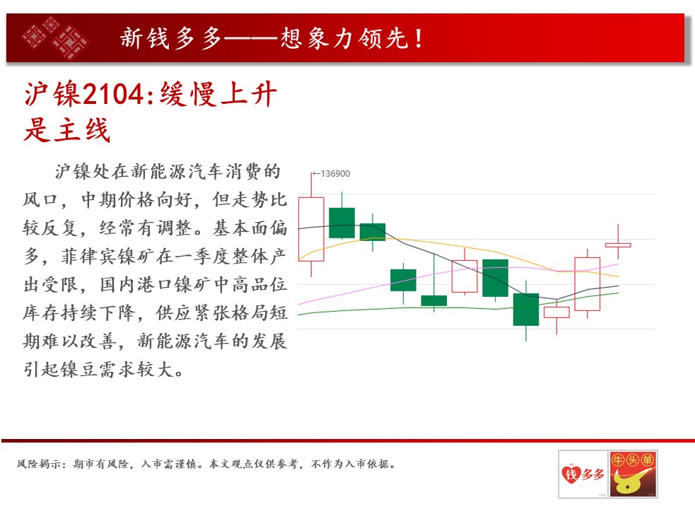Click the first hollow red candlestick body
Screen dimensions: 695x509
click(311, 229)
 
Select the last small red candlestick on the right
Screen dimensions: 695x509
click(618, 245)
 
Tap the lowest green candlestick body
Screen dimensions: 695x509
click(526, 310)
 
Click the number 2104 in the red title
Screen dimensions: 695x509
click(113, 94)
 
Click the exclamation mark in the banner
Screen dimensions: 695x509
click(419, 38)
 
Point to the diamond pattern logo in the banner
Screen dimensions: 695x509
click(55, 38)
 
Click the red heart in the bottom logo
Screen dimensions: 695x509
click(571, 474)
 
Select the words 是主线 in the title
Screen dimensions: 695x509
click(67, 130)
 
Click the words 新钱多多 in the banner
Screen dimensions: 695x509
click(170, 38)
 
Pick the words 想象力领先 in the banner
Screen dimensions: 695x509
click(344, 38)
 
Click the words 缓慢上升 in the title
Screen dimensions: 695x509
click(218, 94)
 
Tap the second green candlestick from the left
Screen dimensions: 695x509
click(373, 232)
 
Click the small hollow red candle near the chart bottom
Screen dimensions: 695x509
click(556, 312)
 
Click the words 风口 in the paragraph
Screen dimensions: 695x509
click(40, 199)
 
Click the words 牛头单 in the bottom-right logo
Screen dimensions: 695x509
click(633, 460)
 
